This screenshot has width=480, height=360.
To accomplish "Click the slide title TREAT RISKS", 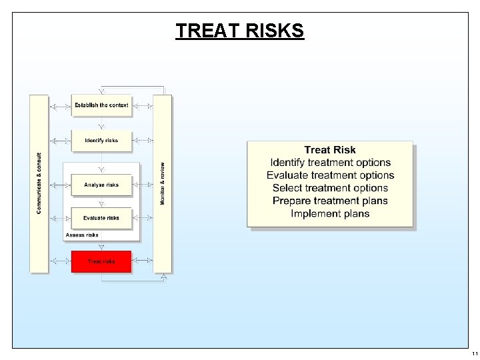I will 239,31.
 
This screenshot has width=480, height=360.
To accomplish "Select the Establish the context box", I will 101,105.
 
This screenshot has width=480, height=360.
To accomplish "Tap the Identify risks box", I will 101,141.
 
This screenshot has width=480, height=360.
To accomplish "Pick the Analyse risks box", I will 101,185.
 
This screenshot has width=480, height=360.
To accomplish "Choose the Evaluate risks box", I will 101,218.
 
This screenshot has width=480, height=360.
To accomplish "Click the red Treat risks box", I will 101,261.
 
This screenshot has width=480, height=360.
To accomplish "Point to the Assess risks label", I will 82,235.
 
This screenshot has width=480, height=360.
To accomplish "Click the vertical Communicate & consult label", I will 39,183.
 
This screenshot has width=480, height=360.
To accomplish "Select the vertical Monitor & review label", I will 163,183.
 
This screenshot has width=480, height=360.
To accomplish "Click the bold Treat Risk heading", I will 330,150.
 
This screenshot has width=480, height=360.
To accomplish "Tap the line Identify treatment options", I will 330,163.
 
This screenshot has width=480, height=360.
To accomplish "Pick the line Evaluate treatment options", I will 330,175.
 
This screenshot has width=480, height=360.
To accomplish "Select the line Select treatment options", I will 330,188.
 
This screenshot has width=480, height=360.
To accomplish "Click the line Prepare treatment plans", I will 330,201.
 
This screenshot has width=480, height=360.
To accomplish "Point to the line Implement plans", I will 330,213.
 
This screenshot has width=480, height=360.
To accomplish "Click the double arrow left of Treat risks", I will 60,261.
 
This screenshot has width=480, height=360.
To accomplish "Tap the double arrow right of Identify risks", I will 143,141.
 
